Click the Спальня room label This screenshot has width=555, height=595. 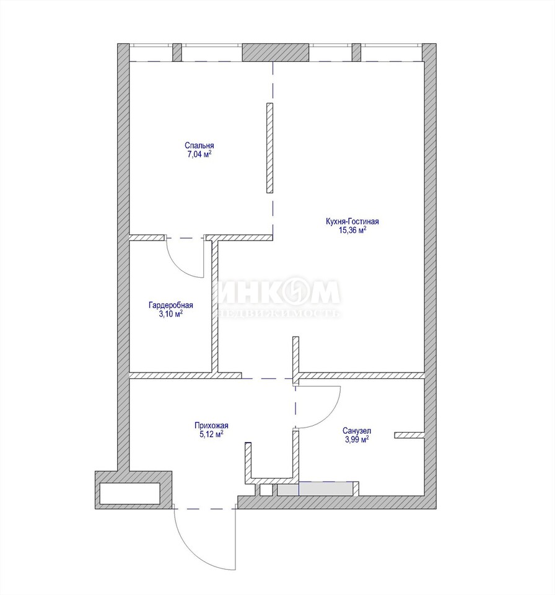(199, 145)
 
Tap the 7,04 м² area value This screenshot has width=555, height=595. (199, 154)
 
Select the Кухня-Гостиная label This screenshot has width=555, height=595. (352, 221)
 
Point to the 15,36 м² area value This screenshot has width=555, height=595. (352, 231)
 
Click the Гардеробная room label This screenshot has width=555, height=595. (171, 305)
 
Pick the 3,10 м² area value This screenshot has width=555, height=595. (171, 314)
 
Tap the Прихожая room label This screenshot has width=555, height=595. (211, 426)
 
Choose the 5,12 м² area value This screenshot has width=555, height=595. (211, 434)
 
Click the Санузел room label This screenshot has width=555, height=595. (357, 431)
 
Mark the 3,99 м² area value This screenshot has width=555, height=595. (357, 439)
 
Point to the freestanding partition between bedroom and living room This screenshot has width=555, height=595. (269, 148)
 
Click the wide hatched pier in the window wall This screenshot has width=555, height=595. (276, 52)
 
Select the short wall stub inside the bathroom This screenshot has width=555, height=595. (409, 435)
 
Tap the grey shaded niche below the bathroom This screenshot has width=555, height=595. (315, 489)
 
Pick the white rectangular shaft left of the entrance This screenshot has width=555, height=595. (129, 493)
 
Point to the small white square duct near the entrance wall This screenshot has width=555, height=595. (266, 490)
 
